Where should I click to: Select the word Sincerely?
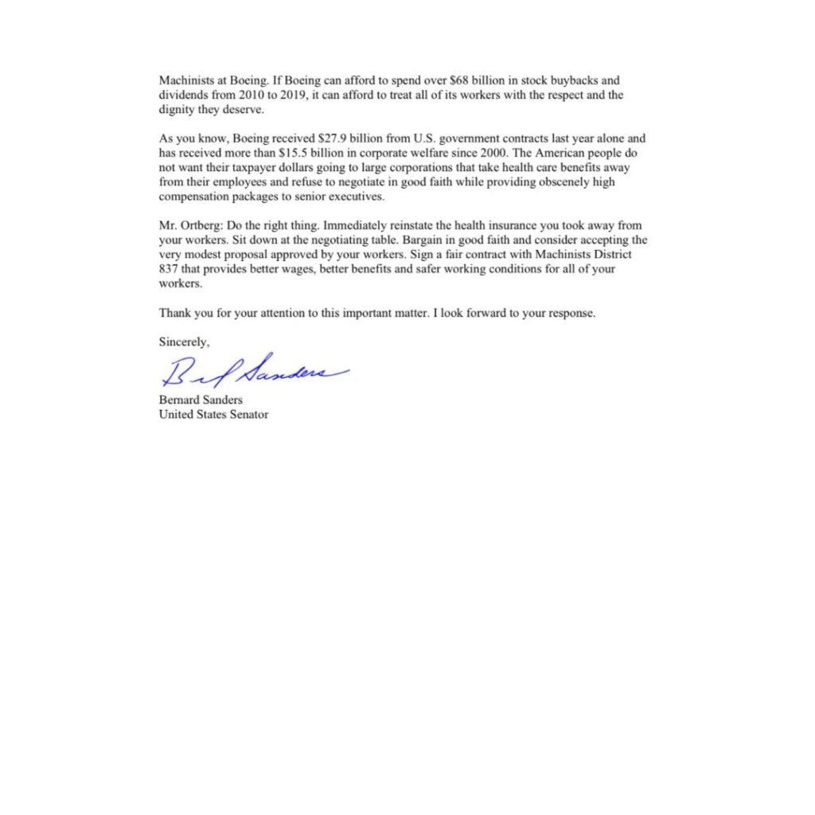pos(184,342)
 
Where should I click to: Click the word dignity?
pos(176,110)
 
